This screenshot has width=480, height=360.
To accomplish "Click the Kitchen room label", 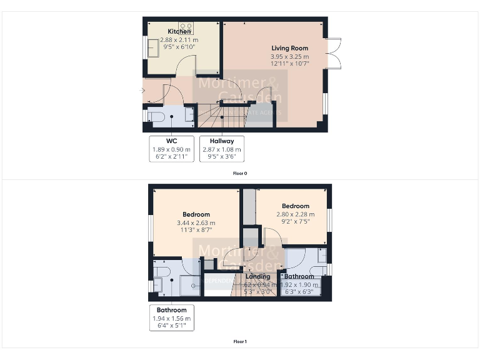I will [179, 31].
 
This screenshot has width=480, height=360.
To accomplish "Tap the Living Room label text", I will [289, 47].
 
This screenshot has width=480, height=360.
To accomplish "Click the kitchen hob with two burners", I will [186, 27].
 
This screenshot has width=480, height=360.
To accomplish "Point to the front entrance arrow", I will [143, 91].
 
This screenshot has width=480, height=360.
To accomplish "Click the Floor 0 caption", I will [240, 172].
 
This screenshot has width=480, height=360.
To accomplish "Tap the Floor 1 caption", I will [240, 342].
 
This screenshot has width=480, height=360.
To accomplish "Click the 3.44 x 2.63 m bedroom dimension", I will [196, 222].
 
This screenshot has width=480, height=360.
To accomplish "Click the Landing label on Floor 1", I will [257, 276].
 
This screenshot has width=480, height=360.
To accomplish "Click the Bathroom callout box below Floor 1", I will [171, 317].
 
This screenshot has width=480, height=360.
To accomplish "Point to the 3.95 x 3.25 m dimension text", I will [289, 56].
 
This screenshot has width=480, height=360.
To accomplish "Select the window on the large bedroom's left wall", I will [150, 227].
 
